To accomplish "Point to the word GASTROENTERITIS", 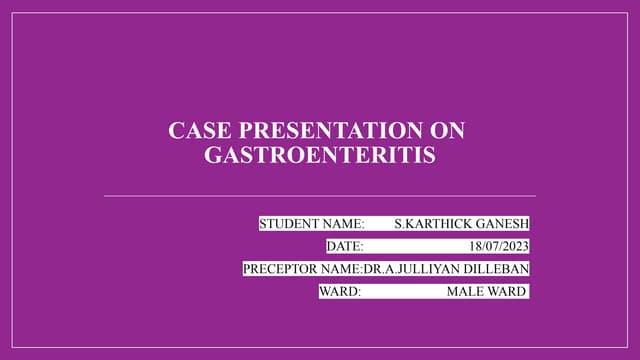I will click(320, 155).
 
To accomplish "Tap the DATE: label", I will click(345, 245).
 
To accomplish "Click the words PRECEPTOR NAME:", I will click(302, 268).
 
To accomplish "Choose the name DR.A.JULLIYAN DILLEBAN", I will click(446, 268).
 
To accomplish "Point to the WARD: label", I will click(339, 291).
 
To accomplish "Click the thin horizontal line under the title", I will click(320, 196).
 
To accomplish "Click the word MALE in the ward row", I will click(465, 291).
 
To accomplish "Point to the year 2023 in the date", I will click(514, 245).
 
